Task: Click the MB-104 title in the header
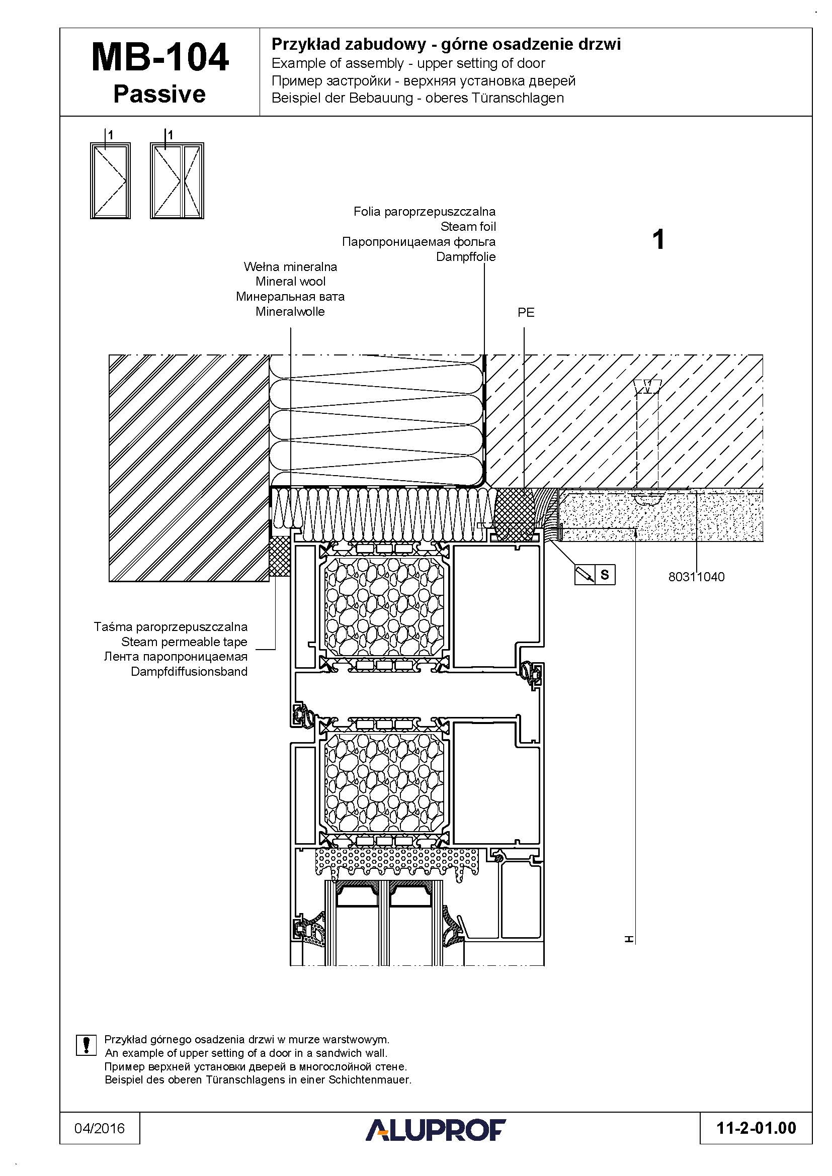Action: [x=160, y=57]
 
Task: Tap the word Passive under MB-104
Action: [x=159, y=94]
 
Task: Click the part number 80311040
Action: [x=696, y=577]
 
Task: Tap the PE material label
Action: [x=526, y=312]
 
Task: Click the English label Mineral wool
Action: [x=290, y=282]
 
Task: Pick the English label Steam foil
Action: [x=468, y=226]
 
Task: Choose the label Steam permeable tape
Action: [x=185, y=642]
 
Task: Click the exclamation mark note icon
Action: [x=86, y=1045]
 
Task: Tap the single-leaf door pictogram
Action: [x=110, y=180]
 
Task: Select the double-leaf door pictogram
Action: [x=177, y=180]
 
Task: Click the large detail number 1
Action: [x=659, y=240]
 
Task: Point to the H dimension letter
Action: [x=629, y=939]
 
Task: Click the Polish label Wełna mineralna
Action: [x=290, y=267]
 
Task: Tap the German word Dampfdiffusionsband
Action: [x=189, y=672]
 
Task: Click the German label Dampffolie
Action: [x=466, y=256]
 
